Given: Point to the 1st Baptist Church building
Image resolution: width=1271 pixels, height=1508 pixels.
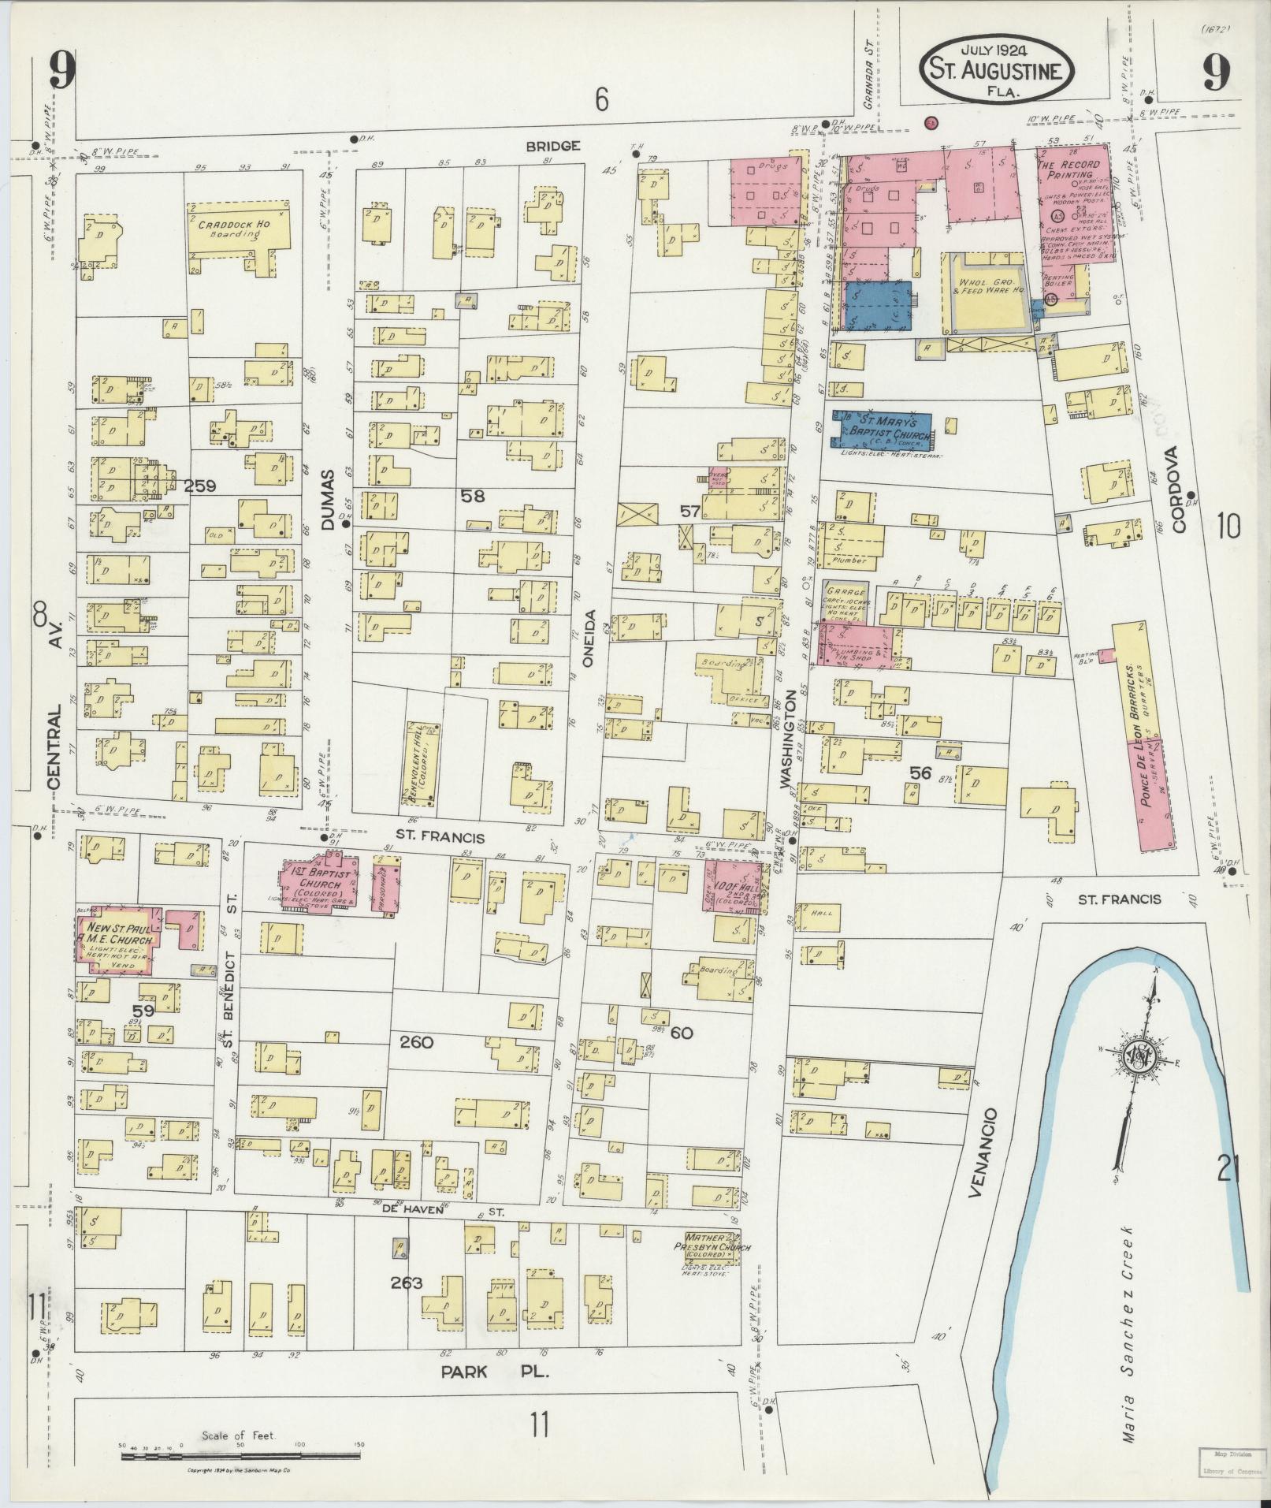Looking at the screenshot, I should pyautogui.click(x=317, y=882).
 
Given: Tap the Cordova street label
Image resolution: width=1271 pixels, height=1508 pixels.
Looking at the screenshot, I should pyautogui.click(x=1177, y=489).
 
